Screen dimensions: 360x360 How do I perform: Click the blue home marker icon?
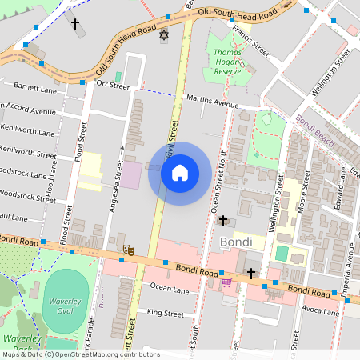pos(180,172)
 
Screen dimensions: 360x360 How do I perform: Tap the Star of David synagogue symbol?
pos(165,38)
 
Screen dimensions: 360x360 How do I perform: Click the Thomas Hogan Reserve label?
pos(227,62)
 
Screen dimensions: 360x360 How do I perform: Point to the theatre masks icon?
pos(127,250)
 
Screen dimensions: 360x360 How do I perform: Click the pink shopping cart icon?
pos(226,281)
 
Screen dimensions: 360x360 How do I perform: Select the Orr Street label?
pos(112,83)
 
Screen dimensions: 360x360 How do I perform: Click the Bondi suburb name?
pos(236,242)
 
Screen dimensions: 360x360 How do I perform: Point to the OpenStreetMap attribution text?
pos(81,354)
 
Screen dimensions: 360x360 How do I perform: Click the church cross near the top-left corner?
pos(76,24)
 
